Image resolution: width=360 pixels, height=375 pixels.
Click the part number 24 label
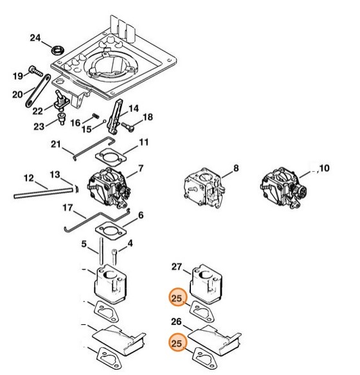35,38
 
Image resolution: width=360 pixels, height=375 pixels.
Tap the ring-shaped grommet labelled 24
58,50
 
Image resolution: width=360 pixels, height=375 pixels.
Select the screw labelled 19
35,71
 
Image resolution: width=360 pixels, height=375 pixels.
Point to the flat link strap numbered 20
38,91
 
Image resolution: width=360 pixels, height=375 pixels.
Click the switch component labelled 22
61,100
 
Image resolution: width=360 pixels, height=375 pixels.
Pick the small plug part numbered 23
62,118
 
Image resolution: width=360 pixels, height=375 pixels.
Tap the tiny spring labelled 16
95,116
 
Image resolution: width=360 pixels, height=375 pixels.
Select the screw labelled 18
128,127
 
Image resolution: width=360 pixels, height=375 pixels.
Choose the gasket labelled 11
111,157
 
